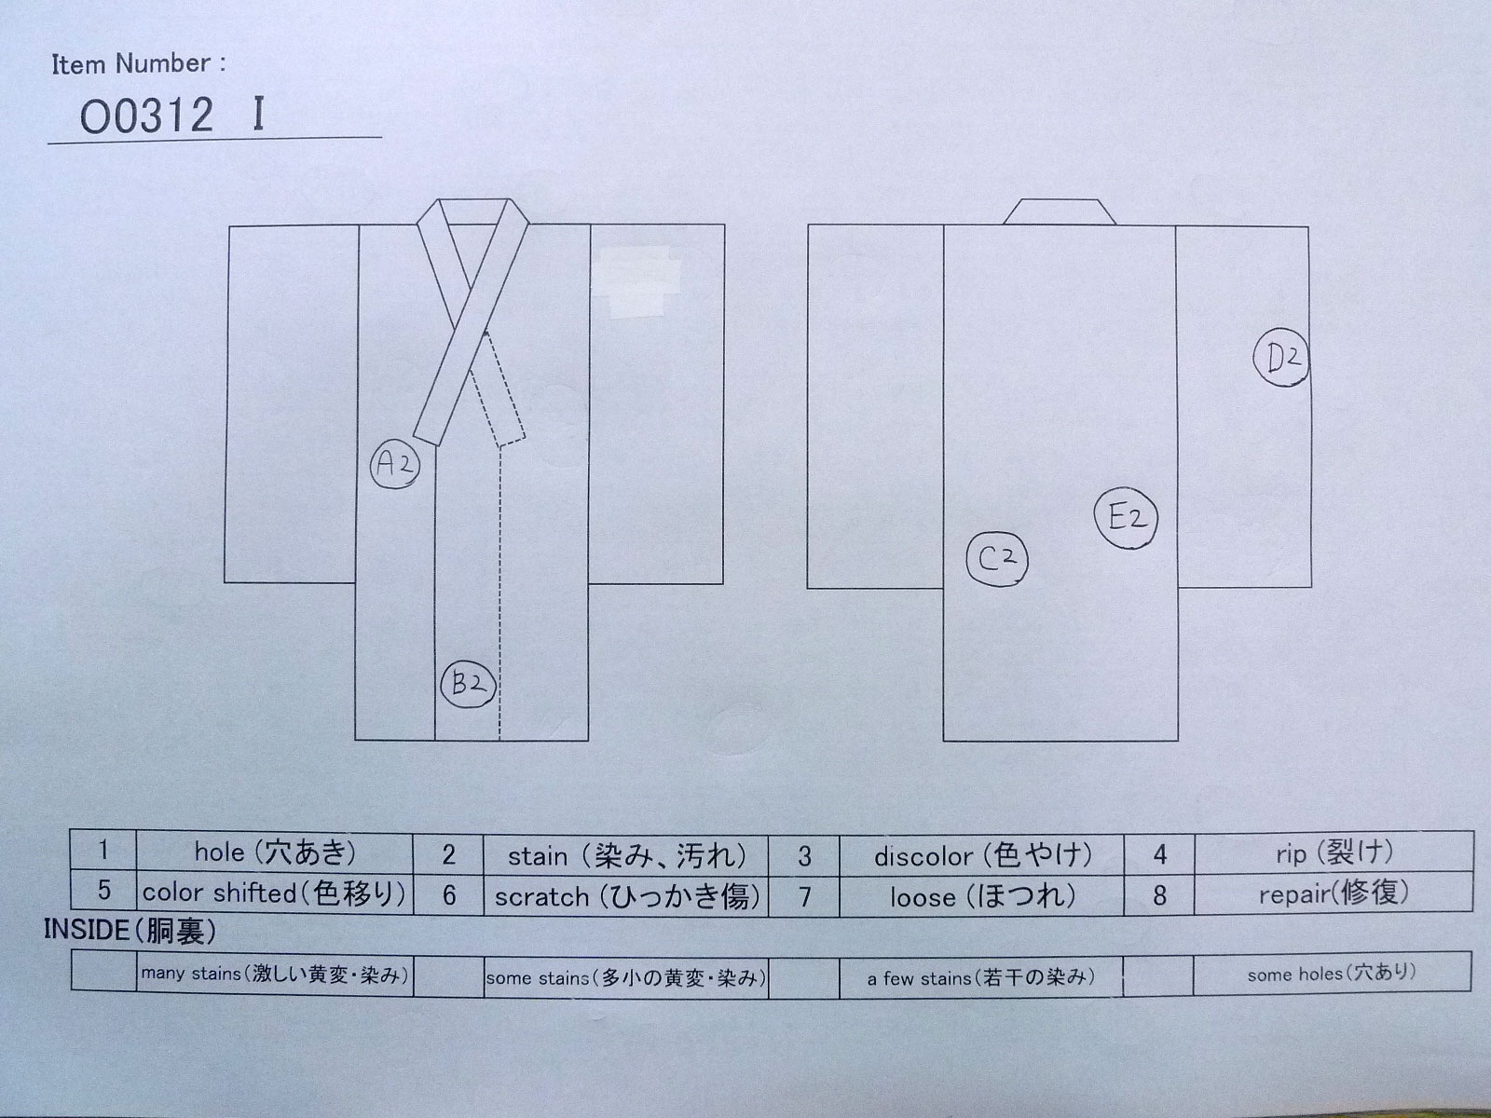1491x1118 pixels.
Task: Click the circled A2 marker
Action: click(395, 465)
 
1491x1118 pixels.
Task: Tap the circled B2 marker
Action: click(468, 684)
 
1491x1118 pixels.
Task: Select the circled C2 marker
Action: click(997, 559)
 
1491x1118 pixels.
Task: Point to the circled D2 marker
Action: click(1281, 358)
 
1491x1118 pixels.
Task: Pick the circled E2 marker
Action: click(1127, 518)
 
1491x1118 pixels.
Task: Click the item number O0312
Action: click(146, 116)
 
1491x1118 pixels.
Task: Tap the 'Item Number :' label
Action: click(139, 63)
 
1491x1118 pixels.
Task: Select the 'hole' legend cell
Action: click(274, 853)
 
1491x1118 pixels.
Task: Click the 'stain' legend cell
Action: click(625, 855)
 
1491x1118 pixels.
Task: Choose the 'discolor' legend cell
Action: click(981, 855)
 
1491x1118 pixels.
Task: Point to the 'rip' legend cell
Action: click(1334, 853)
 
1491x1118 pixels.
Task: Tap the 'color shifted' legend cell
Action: click(274, 893)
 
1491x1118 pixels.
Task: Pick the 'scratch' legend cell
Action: click(625, 896)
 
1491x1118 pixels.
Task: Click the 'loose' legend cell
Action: click(981, 896)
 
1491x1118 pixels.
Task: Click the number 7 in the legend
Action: click(804, 896)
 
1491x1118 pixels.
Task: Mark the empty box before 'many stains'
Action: click(103, 972)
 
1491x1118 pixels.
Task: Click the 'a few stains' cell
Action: click(981, 977)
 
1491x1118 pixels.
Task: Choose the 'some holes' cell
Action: click(1332, 974)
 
